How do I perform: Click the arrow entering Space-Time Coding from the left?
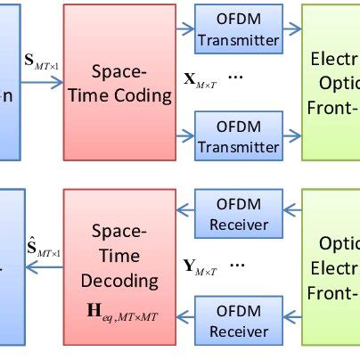coord(43,83)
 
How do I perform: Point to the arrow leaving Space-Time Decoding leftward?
coord(43,268)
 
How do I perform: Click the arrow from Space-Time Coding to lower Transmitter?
coord(184,135)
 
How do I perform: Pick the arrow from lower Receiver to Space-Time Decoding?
coord(184,312)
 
